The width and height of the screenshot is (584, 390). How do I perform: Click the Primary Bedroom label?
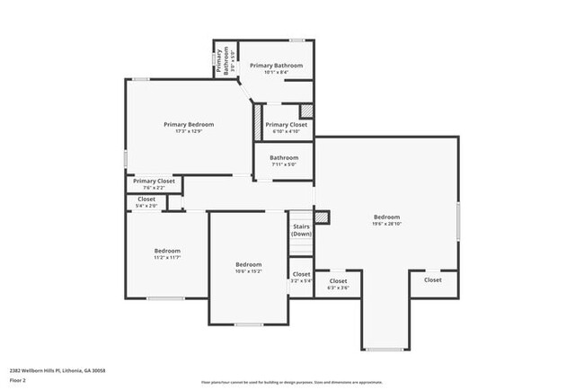[189, 124]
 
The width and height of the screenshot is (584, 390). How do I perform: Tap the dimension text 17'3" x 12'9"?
[189, 132]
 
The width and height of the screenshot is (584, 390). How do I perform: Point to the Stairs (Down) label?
[301, 229]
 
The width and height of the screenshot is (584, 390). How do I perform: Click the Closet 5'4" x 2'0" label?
[146, 202]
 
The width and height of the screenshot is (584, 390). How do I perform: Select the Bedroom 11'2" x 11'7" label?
[167, 253]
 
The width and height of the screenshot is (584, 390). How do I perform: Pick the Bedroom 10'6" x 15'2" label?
[248, 267]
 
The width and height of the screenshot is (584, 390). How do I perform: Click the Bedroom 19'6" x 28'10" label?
[387, 220]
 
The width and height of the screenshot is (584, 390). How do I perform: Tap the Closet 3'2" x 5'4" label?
[301, 277]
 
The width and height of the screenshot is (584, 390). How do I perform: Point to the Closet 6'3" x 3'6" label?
[338, 284]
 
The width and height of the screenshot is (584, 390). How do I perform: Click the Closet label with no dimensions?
[433, 279]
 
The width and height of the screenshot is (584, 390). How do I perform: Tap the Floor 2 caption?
[19, 380]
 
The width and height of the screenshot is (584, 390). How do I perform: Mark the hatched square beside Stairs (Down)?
[322, 217]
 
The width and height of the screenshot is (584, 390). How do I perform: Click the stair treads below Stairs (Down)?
[301, 246]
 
